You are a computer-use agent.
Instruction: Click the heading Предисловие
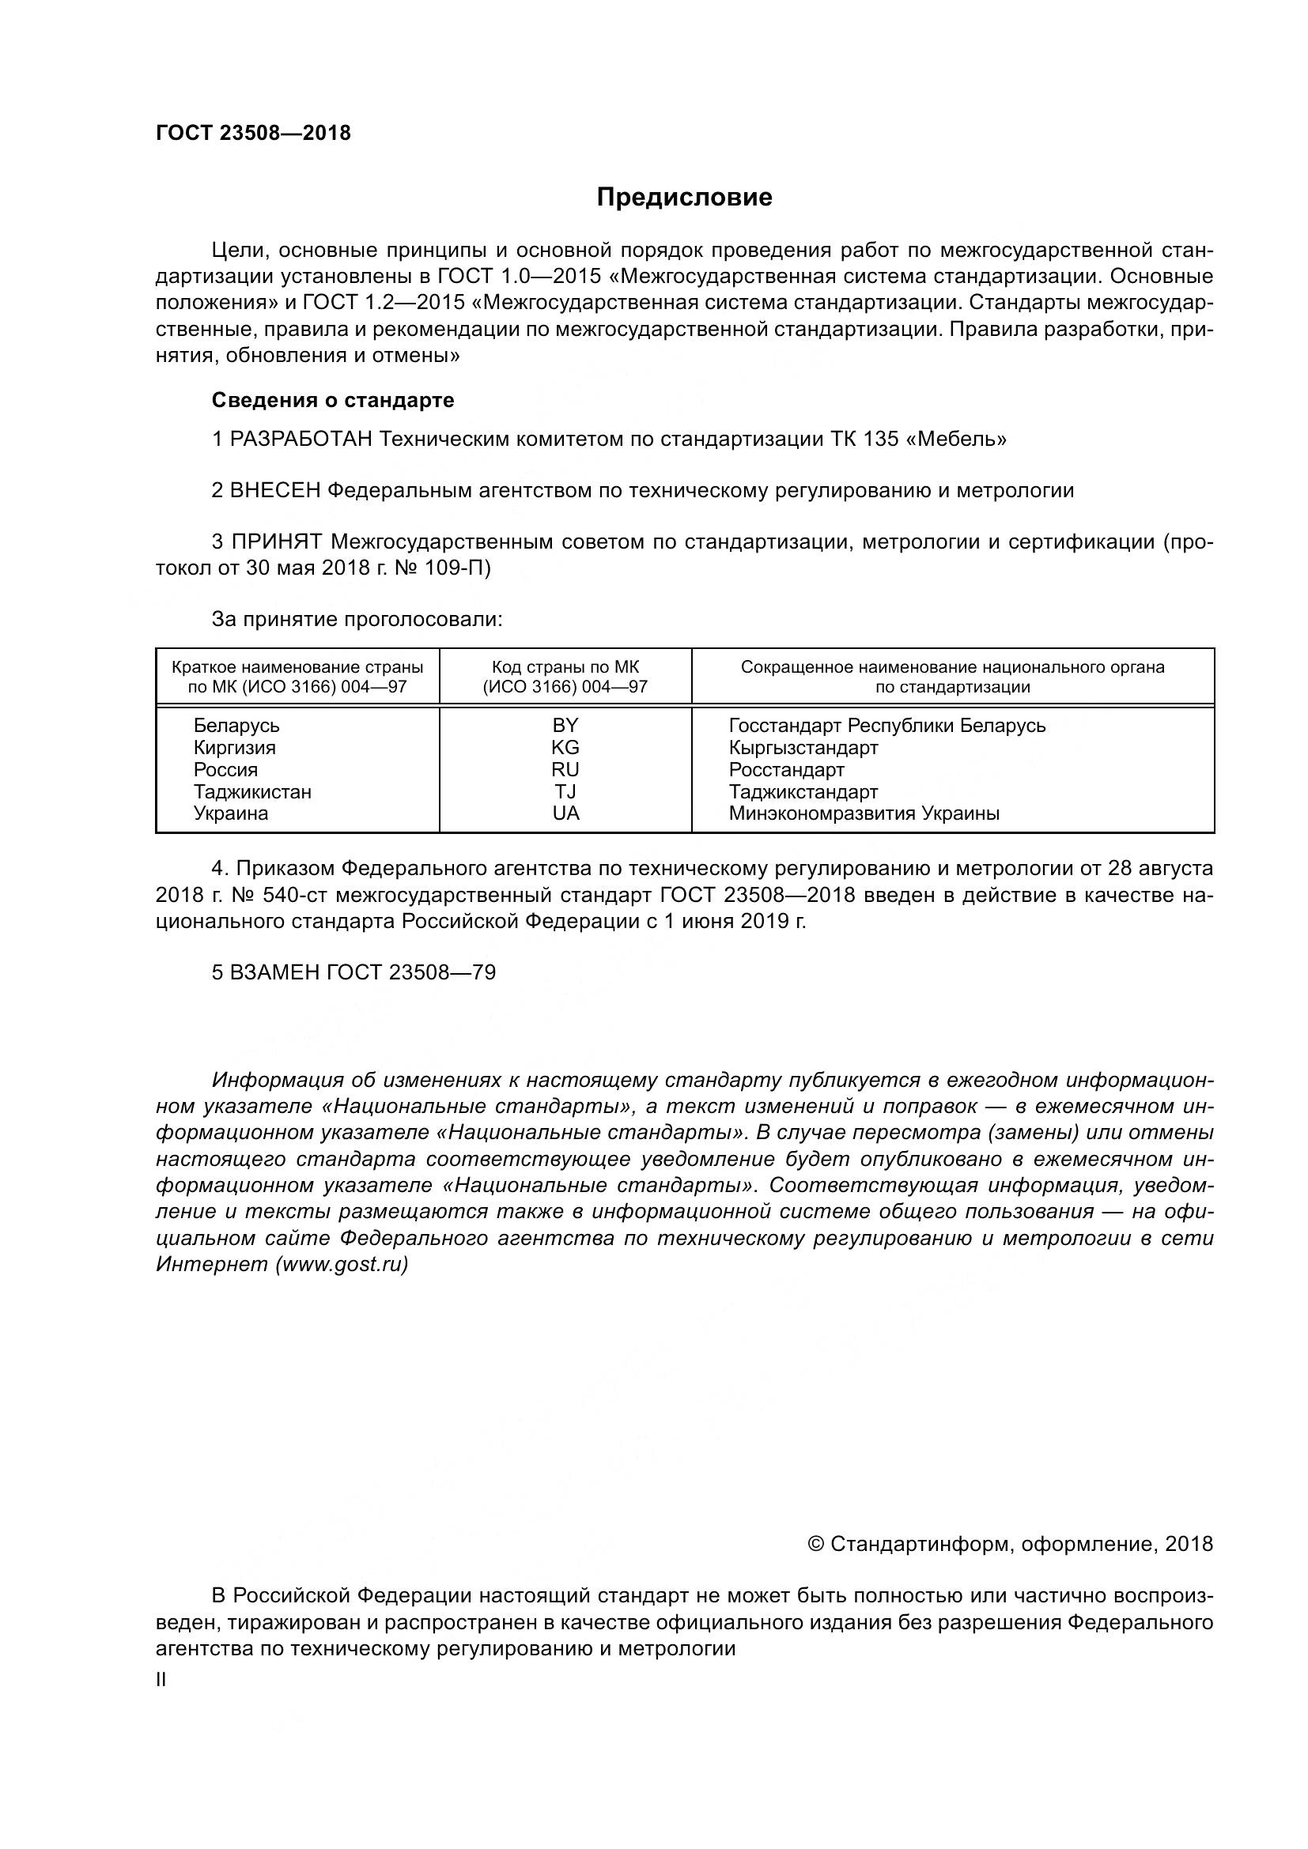684,198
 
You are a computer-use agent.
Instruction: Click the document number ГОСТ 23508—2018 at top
254,134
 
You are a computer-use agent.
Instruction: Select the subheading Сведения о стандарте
333,400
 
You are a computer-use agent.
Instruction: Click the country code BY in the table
565,725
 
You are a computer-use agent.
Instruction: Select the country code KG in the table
565,747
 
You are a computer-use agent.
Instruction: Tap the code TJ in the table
565,791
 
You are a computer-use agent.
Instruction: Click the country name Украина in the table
231,813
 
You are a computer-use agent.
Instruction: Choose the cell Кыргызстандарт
803,747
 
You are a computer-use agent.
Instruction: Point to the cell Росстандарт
786,769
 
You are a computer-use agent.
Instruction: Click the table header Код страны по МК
565,668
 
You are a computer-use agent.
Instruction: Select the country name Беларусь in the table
236,725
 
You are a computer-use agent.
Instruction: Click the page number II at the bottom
161,1681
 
